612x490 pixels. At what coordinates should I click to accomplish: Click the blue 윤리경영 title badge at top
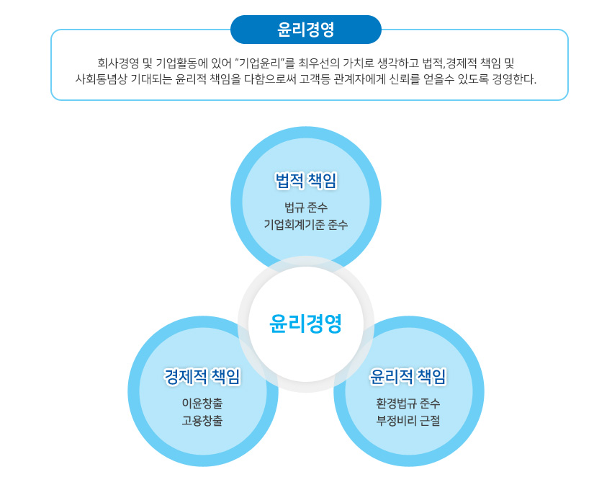coord(305,30)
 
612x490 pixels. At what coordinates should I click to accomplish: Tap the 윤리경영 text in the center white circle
coord(305,324)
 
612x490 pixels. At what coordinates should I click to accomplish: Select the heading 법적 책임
coord(305,180)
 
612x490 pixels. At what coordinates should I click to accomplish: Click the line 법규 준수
coord(305,208)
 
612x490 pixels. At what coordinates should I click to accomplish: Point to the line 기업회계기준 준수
coord(305,225)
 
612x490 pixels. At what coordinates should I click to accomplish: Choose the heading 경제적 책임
coord(202,376)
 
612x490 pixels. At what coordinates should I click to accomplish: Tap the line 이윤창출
coord(202,403)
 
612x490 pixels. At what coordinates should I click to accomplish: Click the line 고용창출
coord(202,421)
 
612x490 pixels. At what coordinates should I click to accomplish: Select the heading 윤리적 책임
coord(408,376)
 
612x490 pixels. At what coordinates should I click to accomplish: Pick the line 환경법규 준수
coord(408,403)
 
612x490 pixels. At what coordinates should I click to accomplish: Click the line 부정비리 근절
coord(408,421)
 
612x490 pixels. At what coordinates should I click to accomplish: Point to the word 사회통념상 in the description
coord(101,79)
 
